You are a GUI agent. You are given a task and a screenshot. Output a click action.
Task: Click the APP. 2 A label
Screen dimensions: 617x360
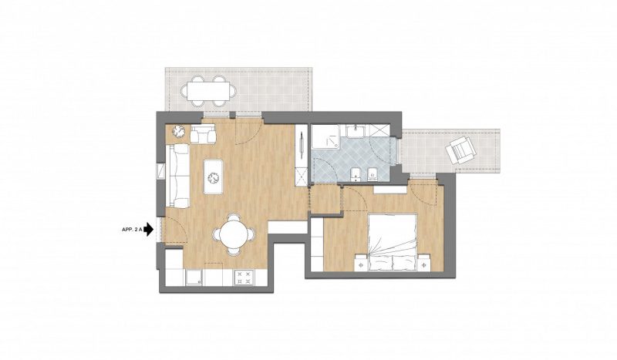(132, 230)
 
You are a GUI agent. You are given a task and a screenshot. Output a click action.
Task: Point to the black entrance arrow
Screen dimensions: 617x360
(148, 230)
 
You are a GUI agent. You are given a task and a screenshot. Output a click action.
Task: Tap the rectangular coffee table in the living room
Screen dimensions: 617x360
(213, 177)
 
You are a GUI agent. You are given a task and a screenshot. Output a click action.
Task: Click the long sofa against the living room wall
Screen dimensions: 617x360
(177, 176)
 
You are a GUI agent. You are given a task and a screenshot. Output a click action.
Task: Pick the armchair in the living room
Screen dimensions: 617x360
(203, 133)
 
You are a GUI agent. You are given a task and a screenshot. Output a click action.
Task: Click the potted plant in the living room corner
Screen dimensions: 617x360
(179, 131)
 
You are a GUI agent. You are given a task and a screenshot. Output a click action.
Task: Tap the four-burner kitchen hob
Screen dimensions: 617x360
(244, 277)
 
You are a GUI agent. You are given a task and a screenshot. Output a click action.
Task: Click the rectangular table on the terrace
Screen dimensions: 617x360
(207, 91)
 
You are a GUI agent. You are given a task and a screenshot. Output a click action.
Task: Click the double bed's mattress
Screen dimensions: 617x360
(393, 242)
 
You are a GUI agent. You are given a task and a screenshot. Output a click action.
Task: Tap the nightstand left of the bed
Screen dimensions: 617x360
(361, 263)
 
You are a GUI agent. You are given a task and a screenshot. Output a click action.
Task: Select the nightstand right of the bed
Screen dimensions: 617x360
(423, 263)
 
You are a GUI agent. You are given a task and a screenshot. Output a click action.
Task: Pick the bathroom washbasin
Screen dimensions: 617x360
(357, 130)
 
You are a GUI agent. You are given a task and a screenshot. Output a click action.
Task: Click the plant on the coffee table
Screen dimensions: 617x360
(214, 178)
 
